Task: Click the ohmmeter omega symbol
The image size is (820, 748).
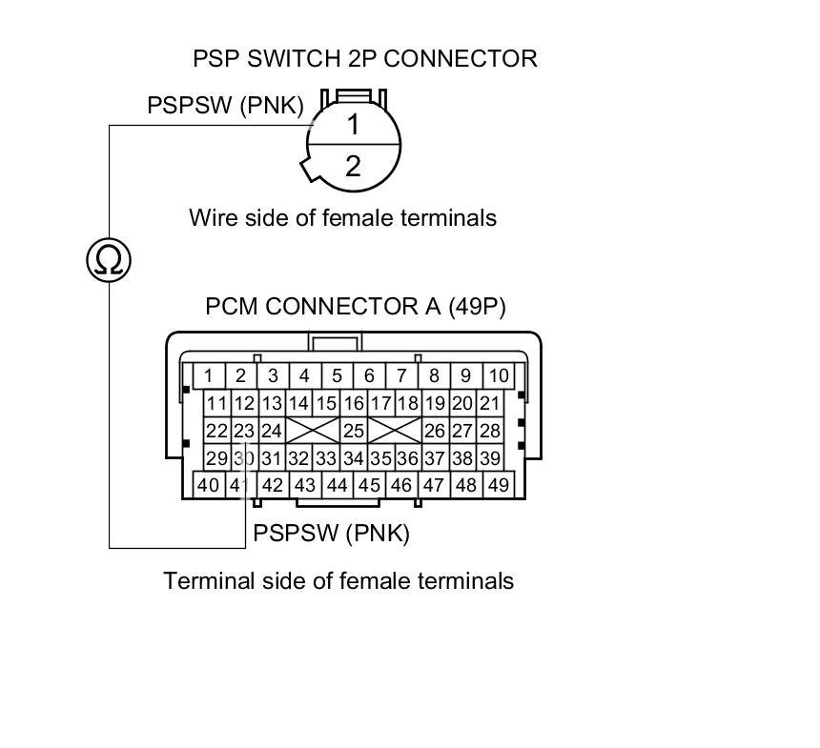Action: (108, 259)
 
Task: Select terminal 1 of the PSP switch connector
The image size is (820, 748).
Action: (353, 125)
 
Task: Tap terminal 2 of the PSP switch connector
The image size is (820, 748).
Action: (353, 167)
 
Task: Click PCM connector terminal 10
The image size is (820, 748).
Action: (498, 375)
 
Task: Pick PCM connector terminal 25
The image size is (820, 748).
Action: (354, 431)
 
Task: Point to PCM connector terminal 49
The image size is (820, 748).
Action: (498, 485)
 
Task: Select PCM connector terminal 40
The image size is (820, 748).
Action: (208, 485)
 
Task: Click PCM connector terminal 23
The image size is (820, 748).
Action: (244, 431)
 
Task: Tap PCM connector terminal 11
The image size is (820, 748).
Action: (217, 403)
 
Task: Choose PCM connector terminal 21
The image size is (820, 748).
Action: (489, 403)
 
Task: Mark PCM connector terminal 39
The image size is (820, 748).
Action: (489, 458)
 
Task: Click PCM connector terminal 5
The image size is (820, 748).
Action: (337, 375)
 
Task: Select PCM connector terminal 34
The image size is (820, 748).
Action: (354, 458)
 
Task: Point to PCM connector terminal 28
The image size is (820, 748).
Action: (489, 431)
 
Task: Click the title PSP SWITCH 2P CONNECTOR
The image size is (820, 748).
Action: (365, 58)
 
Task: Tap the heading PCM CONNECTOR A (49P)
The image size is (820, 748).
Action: (355, 307)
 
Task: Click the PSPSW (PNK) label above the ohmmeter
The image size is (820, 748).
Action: (225, 105)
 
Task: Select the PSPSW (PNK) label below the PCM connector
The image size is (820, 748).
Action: (331, 534)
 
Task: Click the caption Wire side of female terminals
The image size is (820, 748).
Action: (342, 218)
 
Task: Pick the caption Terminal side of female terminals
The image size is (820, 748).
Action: (338, 580)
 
